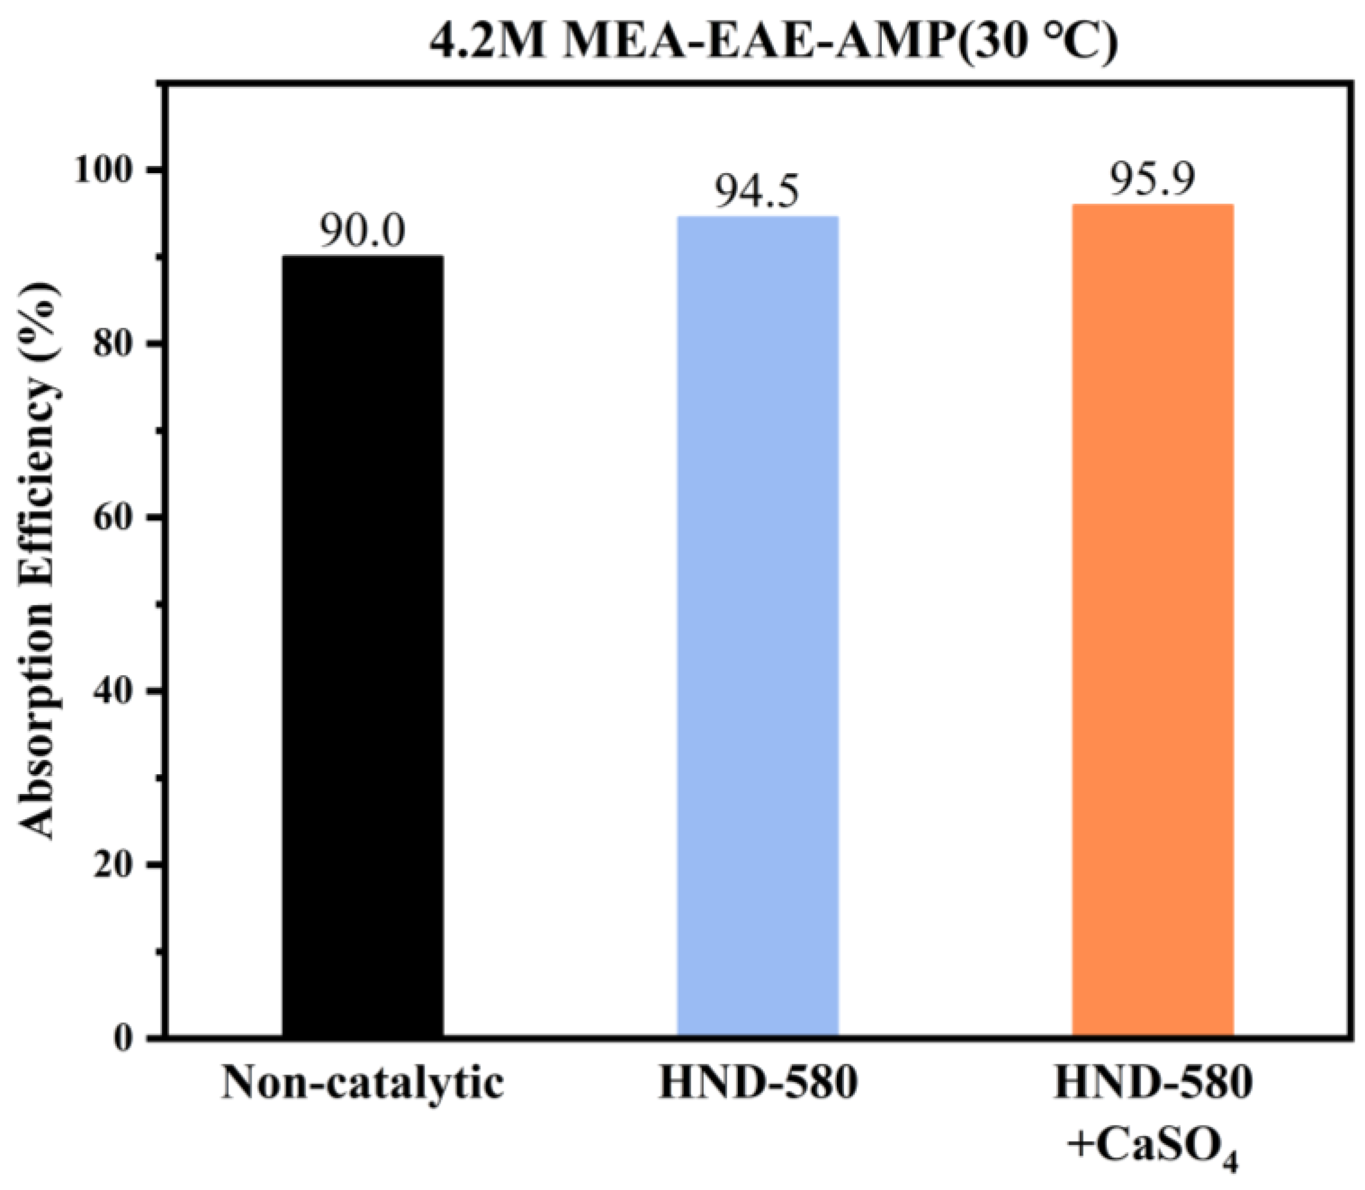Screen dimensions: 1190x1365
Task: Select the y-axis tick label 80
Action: [x=116, y=344]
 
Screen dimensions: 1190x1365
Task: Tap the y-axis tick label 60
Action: [x=116, y=518]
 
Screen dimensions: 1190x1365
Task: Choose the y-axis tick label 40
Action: [x=116, y=692]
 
